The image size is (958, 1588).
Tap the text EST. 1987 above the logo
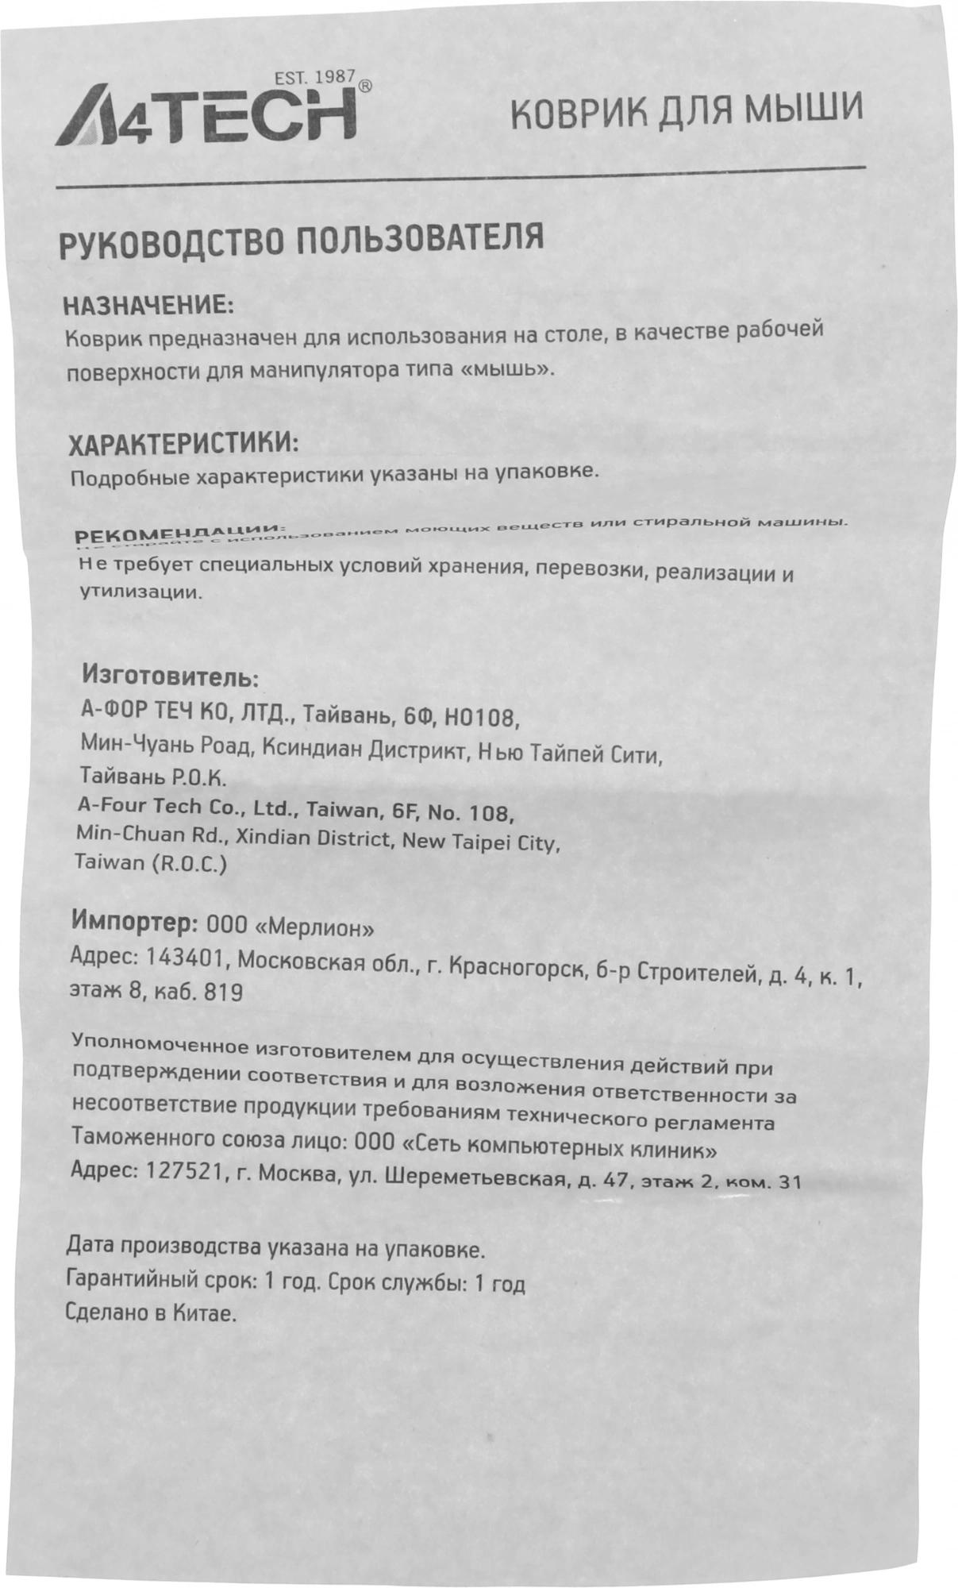(316, 79)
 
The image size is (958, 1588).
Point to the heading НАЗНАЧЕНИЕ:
(148, 306)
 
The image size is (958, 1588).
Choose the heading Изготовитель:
(170, 679)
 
